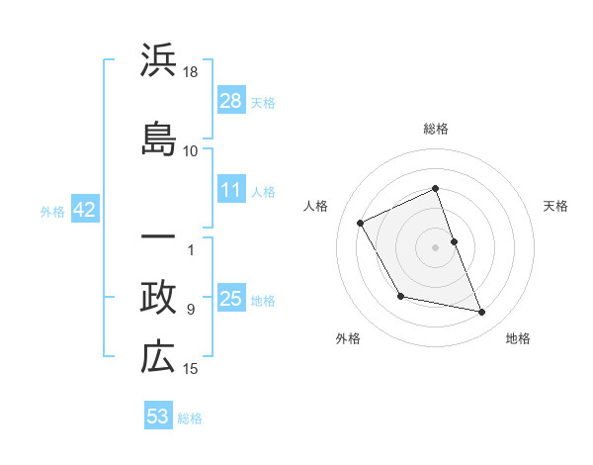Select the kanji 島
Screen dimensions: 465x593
[158, 137]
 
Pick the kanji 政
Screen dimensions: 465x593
[158, 298]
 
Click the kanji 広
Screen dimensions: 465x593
[158, 358]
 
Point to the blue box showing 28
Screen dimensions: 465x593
[231, 100]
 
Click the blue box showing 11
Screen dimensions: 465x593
[231, 190]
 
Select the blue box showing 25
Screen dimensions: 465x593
[231, 299]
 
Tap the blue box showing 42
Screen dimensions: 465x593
[83, 210]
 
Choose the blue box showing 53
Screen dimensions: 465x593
[158, 417]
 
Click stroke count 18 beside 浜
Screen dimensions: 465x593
[192, 72]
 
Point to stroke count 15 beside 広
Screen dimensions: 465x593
[192, 369]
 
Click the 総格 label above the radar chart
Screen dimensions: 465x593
[436, 129]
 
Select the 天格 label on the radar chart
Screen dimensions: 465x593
[555, 206]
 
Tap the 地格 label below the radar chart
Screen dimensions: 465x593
[518, 338]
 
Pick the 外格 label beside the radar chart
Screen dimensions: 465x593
[348, 338]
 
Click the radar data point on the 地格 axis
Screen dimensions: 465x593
[482, 313]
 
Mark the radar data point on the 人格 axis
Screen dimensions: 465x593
[361, 224]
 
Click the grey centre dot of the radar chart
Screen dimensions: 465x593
[436, 247]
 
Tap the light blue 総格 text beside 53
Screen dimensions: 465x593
[190, 418]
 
